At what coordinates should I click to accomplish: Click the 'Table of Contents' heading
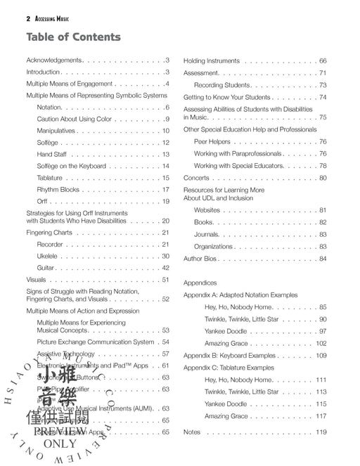[73, 37]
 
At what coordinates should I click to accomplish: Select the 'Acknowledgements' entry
[54, 60]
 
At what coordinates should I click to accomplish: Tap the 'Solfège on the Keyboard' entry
[71, 166]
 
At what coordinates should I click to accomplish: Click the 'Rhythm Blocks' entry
[58, 189]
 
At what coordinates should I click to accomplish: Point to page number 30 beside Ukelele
[165, 256]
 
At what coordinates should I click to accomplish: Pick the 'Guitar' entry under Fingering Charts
[46, 268]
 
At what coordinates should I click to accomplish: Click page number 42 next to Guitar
[165, 268]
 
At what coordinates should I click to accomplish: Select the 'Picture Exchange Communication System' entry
[95, 342]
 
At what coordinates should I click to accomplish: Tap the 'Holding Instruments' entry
[212, 61]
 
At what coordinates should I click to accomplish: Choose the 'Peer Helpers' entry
[214, 141]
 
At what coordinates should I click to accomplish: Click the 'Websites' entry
[207, 210]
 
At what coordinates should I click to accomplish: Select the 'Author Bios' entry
[201, 259]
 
